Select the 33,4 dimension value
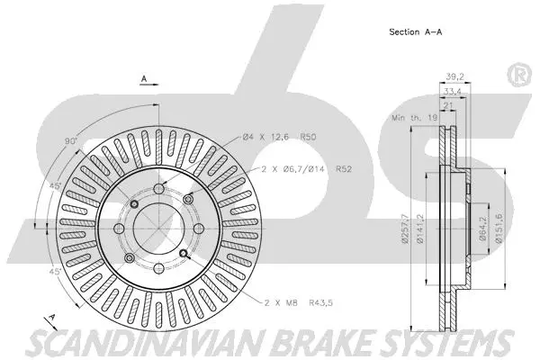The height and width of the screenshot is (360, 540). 452,92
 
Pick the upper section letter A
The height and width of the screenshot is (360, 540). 144,80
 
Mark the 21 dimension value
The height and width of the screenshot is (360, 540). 447,105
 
